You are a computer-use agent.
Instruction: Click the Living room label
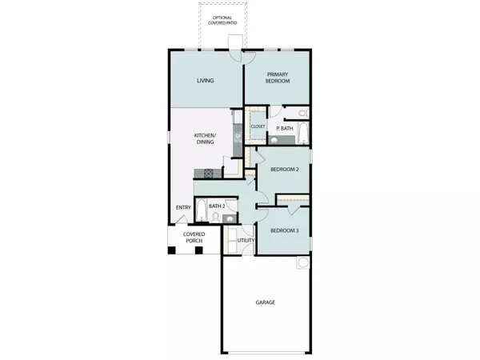pyautogui.click(x=205, y=81)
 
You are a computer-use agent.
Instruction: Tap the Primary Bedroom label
pyautogui.click(x=277, y=77)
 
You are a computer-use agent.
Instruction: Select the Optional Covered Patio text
pyautogui.click(x=223, y=20)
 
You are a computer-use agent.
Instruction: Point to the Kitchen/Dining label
pyautogui.click(x=205, y=140)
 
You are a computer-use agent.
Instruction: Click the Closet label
pyautogui.click(x=258, y=126)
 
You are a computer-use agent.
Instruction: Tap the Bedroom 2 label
pyautogui.click(x=284, y=170)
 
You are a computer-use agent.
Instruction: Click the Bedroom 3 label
pyautogui.click(x=284, y=230)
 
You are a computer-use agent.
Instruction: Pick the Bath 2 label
pyautogui.click(x=217, y=206)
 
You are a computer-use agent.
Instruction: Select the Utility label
pyautogui.click(x=246, y=240)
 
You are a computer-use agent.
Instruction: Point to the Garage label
pyautogui.click(x=266, y=302)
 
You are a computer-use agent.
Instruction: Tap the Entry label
pyautogui.click(x=182, y=209)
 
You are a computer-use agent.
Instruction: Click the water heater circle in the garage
pyautogui.click(x=303, y=262)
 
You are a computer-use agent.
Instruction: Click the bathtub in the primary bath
pyautogui.click(x=301, y=133)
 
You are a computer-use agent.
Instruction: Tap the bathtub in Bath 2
pyautogui.click(x=201, y=209)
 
